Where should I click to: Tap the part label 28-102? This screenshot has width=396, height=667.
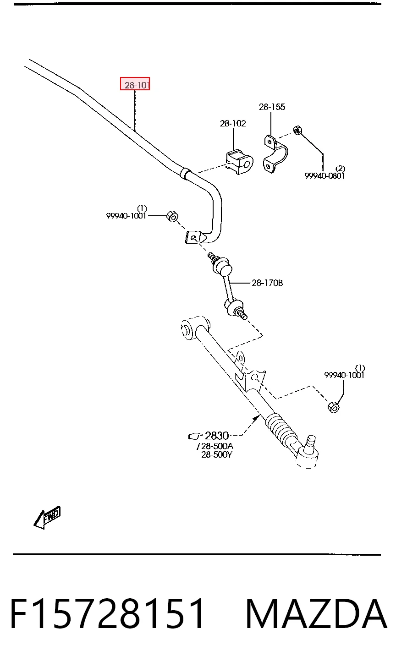tap(233, 123)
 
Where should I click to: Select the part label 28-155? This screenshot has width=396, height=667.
tap(272, 107)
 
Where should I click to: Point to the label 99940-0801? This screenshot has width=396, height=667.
tap(324, 176)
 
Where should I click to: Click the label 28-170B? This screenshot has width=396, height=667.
tap(267, 283)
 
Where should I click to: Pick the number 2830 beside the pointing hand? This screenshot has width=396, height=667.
tap(217, 436)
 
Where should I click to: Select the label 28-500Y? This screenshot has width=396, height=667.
tap(216, 455)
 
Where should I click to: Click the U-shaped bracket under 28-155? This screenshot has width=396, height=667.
tap(275, 154)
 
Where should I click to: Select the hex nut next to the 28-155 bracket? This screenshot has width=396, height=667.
tap(297, 130)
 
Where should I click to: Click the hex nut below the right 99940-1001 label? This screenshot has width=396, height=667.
tap(333, 407)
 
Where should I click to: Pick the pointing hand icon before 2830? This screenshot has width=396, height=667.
tap(195, 436)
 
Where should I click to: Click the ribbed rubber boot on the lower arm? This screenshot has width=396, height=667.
tap(280, 427)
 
